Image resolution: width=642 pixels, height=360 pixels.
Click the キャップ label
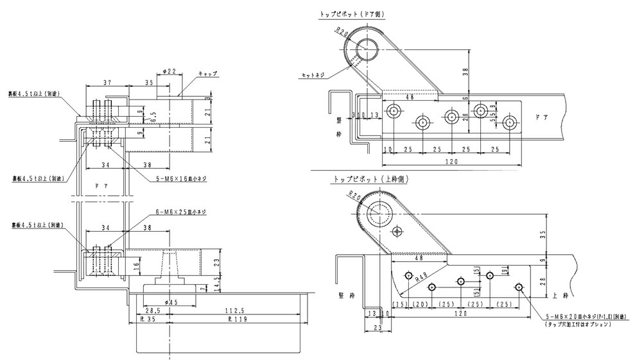pos(207,74)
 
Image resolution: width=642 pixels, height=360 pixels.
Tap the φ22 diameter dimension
pos(169,71)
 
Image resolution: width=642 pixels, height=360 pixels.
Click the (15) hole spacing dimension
pos(401,304)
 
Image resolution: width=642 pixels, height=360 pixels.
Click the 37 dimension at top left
pos(107,83)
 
